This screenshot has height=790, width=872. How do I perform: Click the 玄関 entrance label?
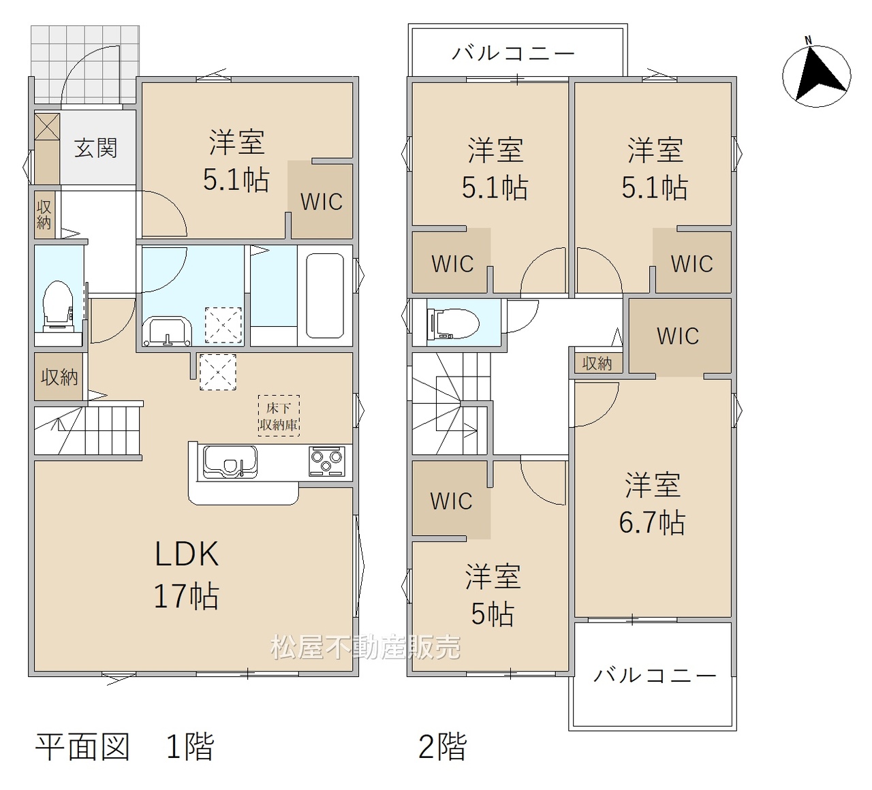coord(95,148)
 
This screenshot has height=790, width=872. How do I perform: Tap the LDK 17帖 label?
coord(187,575)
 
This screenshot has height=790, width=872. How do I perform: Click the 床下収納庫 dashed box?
coord(279,416)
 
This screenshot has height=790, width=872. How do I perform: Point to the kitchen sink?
coord(230,462)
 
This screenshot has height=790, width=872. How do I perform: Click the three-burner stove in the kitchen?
coord(326,461)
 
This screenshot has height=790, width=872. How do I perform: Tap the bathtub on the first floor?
coord(325,296)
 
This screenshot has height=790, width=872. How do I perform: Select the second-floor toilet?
coord(453,323)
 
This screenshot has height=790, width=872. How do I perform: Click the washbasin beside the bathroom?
coord(168,331)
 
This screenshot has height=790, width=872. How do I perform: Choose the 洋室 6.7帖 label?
coord(652,504)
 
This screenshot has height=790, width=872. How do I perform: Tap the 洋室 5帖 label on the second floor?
coord(493,595)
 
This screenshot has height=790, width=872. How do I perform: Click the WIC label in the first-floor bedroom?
coord(322,202)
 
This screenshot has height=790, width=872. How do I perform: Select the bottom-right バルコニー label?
coord(655,676)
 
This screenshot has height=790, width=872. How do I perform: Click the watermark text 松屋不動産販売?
coord(365,647)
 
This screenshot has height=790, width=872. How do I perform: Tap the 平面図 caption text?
coord(82,747)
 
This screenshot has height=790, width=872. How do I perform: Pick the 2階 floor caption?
coord(443,746)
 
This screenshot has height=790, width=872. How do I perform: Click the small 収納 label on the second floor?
coord(597,363)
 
